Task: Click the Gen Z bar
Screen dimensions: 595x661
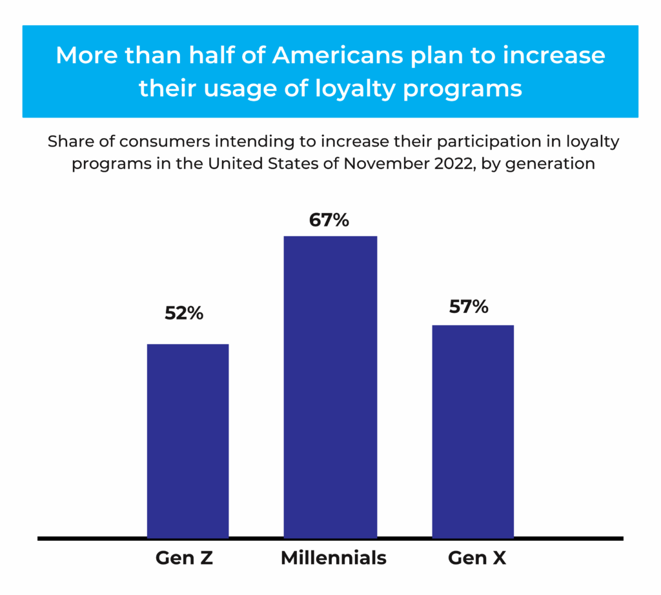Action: [x=188, y=441]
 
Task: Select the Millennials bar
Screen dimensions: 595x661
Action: [x=330, y=387]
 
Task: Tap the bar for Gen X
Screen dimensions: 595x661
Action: [x=473, y=431]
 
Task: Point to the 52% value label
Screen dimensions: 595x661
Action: [x=184, y=314]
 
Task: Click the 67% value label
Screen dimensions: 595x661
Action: [x=329, y=220]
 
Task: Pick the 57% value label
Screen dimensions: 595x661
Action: [x=469, y=307]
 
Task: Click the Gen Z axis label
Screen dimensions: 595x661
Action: [x=184, y=558]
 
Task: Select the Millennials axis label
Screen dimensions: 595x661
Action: [x=333, y=558]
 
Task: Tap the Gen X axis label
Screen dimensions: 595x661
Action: [x=477, y=558]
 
